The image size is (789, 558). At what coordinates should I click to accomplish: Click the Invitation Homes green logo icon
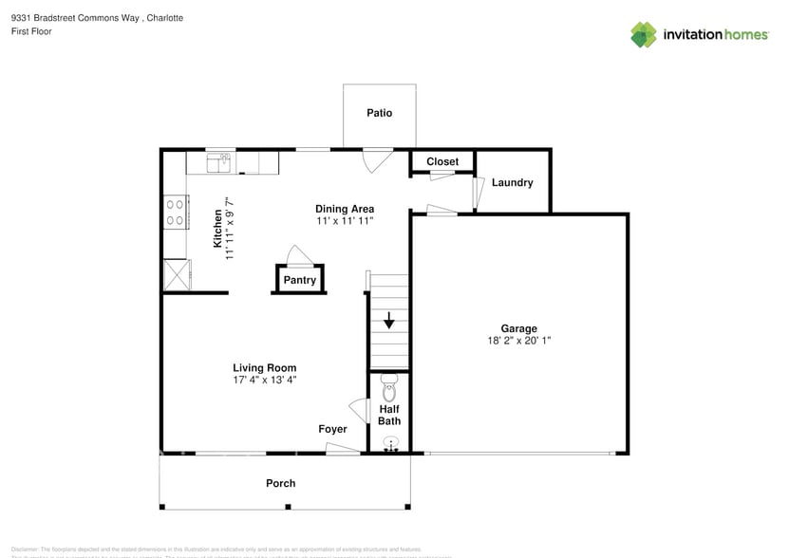(644, 34)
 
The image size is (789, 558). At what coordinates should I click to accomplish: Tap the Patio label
(379, 113)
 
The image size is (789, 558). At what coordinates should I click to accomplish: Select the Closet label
(441, 162)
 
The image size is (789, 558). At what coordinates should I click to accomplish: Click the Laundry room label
(512, 182)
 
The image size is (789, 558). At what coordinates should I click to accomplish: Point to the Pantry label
(299, 280)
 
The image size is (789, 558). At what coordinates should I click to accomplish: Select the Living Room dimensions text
(265, 380)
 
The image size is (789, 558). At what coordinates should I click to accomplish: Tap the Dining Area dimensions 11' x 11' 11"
(345, 220)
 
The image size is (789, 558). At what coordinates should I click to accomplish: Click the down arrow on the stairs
(388, 321)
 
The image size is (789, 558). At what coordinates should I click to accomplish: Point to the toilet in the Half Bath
(388, 388)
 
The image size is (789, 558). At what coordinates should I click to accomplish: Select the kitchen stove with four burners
(175, 211)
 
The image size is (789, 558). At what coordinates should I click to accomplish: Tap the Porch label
(280, 483)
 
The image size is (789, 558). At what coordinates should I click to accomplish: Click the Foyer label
(332, 429)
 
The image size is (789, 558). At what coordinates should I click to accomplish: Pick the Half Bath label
(389, 415)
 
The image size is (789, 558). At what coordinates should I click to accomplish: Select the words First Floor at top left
(31, 31)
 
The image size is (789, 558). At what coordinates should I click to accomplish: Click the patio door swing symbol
(376, 160)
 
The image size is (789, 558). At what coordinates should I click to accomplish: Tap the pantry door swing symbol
(298, 255)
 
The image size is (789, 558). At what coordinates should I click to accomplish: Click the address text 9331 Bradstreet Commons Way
(76, 18)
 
